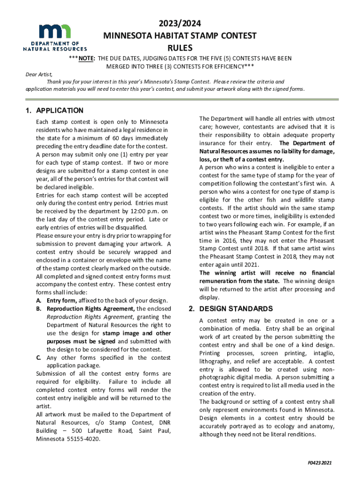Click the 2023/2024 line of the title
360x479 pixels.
[180, 24]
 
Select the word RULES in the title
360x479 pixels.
[180, 47]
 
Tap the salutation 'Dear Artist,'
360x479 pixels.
[39, 74]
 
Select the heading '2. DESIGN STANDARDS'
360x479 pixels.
[230, 309]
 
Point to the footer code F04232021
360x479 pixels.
[319, 463]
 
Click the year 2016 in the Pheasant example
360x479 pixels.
[221, 240]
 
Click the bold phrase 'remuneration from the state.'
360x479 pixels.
[239, 281]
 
